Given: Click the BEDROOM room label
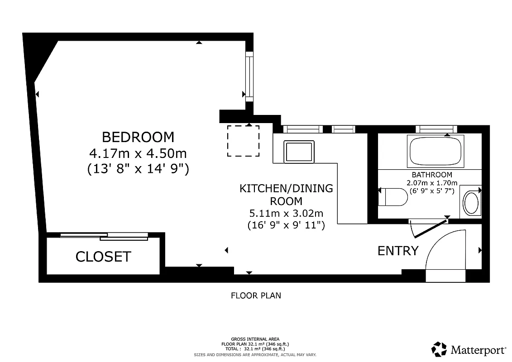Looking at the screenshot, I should (x=138, y=137).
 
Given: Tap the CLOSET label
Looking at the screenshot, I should (x=103, y=257).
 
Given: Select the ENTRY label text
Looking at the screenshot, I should (x=398, y=251).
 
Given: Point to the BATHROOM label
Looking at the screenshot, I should (x=431, y=175).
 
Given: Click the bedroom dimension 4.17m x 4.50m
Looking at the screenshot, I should (x=138, y=153).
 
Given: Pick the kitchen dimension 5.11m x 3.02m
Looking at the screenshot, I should (x=286, y=213).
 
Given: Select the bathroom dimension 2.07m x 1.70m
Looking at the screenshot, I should (x=431, y=183).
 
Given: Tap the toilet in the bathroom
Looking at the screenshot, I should (x=393, y=197).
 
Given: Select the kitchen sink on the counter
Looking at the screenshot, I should (x=299, y=152).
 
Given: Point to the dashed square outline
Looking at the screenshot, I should (x=243, y=141).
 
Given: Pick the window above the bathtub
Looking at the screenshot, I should (x=435, y=129).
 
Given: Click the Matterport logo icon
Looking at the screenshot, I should (x=439, y=349).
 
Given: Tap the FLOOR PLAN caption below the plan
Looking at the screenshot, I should (x=256, y=296).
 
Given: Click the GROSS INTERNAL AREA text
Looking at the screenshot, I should (x=255, y=339).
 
